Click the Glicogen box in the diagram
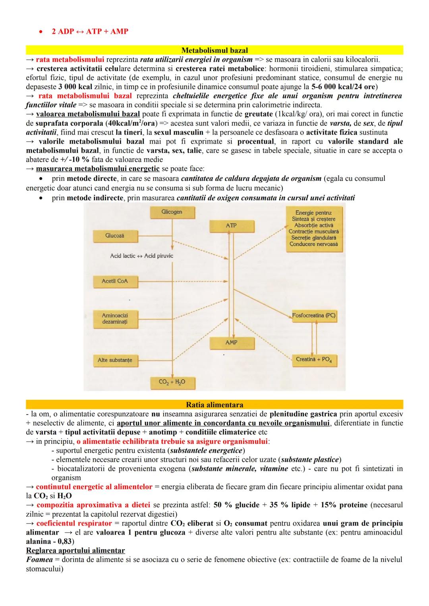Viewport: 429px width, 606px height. click(x=172, y=212)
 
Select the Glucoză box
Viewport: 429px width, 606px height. click(x=115, y=236)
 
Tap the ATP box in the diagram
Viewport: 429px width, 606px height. click(x=231, y=226)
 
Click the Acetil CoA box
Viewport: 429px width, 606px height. click(x=115, y=281)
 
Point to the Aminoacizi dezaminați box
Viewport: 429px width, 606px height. click(x=115, y=318)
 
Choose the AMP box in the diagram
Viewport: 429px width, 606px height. click(x=231, y=343)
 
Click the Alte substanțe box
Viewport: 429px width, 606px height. click(x=115, y=360)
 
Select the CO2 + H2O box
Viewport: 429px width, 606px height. click(x=172, y=382)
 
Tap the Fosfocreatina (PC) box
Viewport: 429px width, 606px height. click(x=314, y=316)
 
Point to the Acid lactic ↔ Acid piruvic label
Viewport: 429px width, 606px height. click(x=141, y=256)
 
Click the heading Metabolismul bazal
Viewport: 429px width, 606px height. click(x=214, y=50)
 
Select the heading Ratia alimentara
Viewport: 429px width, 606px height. click(x=214, y=405)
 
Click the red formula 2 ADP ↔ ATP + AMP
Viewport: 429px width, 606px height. click(x=90, y=31)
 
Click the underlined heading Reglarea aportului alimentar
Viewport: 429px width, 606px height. click(x=75, y=550)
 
